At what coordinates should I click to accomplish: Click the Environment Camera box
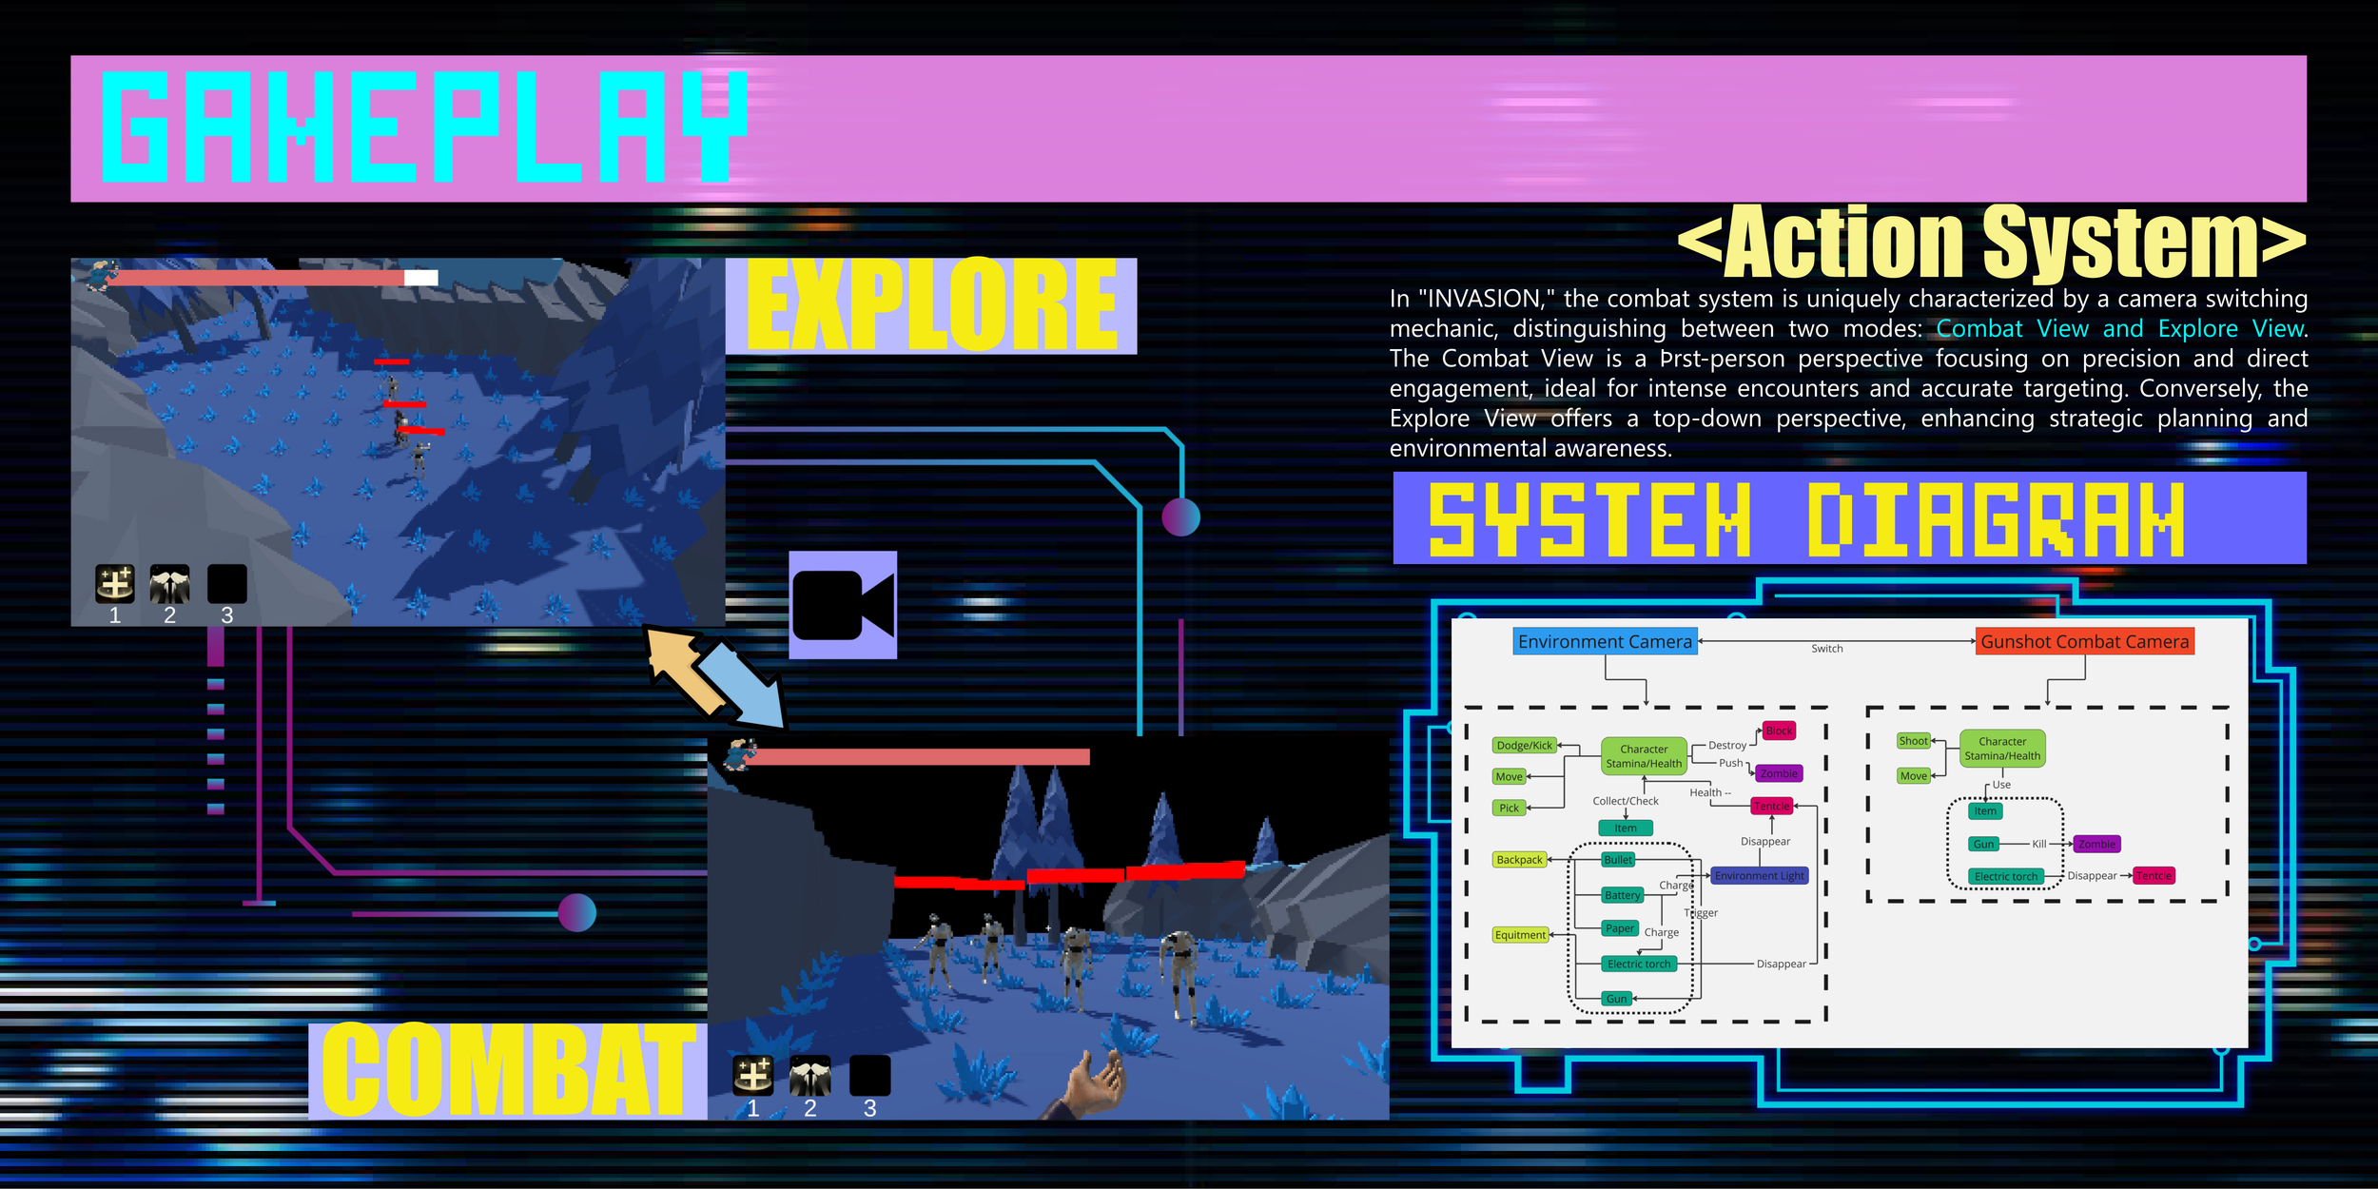[1605, 642]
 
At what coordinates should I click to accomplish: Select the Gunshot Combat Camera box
[2084, 642]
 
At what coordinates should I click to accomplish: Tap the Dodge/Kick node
[1524, 746]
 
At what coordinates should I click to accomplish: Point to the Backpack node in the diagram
[1519, 860]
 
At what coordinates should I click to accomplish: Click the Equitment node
[1520, 935]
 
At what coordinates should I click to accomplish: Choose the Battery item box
[1622, 895]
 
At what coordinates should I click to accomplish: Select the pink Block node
[1779, 731]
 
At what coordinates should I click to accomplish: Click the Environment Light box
[1759, 876]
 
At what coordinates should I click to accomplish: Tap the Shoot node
[1913, 741]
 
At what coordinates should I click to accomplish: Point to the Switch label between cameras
[1826, 649]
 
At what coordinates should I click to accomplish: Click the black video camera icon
[843, 605]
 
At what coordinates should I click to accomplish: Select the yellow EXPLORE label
[931, 305]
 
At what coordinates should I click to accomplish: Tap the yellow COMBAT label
[508, 1070]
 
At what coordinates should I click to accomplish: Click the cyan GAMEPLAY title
[424, 127]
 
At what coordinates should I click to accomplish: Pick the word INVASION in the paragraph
[1485, 299]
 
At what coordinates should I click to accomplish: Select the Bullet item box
[1618, 860]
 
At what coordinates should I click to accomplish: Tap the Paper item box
[1619, 928]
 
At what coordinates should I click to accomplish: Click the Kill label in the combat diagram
[2038, 844]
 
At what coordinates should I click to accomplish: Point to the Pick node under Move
[1509, 808]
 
